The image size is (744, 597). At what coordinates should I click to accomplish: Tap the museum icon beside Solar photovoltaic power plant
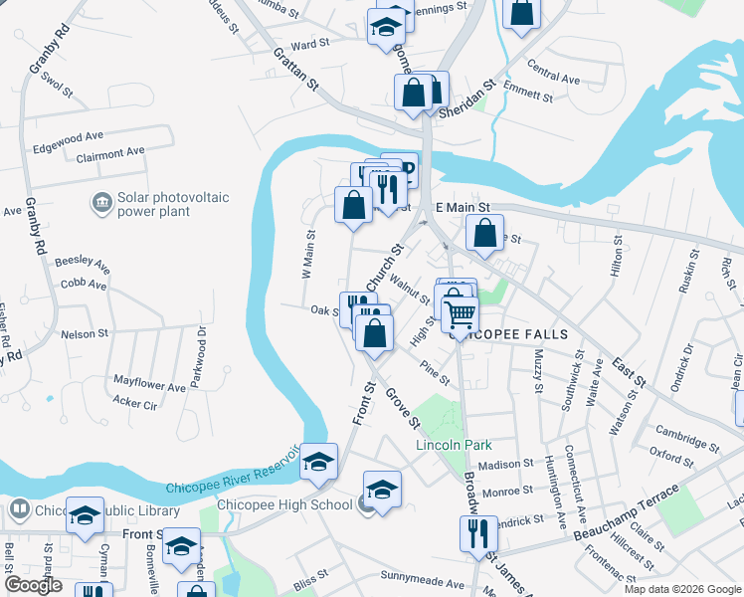coord(100,204)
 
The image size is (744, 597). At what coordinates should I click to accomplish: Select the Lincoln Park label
coord(454,444)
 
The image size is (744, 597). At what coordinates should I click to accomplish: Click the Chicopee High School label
coord(295,504)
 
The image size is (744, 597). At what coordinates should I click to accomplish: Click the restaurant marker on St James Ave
coord(478,534)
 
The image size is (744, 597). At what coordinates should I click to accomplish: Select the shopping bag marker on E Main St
coord(483,236)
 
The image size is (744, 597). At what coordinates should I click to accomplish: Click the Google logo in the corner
coord(33,585)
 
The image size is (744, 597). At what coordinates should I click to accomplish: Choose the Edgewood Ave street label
coord(69,135)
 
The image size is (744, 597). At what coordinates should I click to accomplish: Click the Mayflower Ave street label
coord(149,383)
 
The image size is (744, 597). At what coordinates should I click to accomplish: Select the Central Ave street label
coord(554,77)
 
